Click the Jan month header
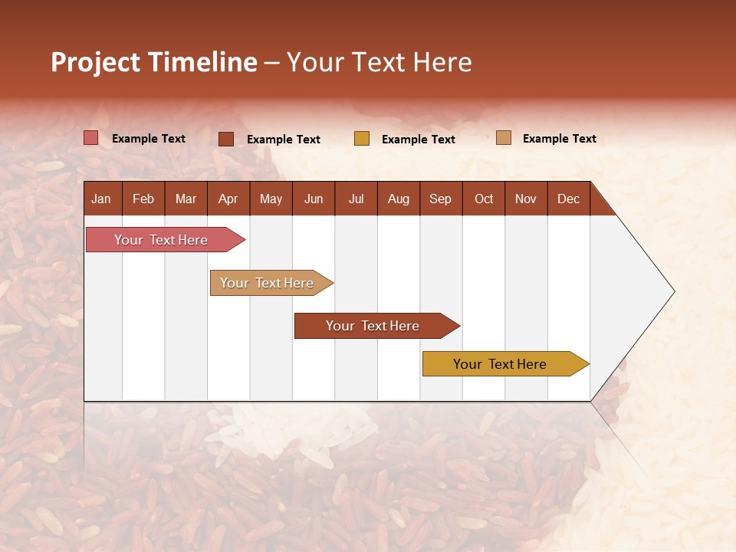(102, 199)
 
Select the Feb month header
(143, 199)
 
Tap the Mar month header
(186, 199)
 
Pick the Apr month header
(228, 199)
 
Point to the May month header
(271, 199)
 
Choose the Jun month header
(314, 199)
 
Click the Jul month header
(356, 199)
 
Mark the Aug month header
(399, 199)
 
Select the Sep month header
(441, 199)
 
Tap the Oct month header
(484, 199)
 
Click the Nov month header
(526, 199)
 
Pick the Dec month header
(569, 199)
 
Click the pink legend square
(91, 138)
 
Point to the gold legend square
(362, 139)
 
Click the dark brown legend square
(226, 139)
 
